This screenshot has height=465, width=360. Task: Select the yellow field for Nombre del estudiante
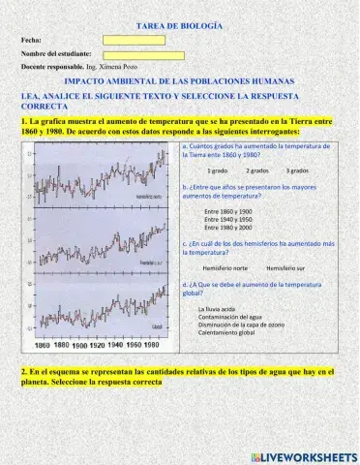[142, 53]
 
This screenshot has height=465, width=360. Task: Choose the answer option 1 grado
[217, 170]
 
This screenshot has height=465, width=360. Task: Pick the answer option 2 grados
[256, 170]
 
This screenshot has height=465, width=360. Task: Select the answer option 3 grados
[297, 170]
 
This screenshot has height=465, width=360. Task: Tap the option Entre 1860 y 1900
[228, 210]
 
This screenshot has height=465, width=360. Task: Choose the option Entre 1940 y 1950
[228, 219]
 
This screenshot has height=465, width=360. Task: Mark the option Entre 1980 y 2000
[228, 228]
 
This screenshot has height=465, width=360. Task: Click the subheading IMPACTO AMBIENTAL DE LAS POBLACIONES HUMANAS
[180, 83]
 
